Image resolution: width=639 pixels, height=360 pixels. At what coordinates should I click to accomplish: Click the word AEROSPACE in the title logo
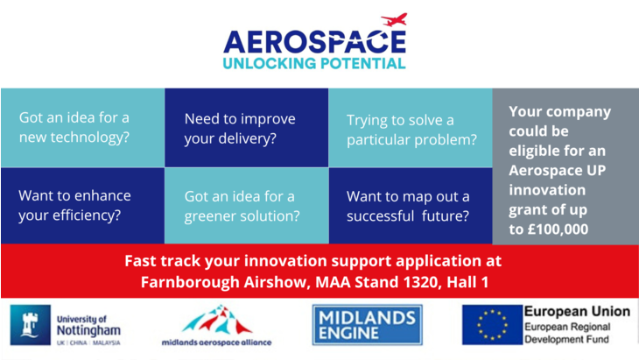coord(314,41)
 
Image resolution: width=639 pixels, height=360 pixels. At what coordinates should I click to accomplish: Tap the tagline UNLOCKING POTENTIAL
coord(314,63)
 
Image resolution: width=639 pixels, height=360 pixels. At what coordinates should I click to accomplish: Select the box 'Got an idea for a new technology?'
coord(82,128)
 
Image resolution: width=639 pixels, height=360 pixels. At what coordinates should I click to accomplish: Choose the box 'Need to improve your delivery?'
coord(246,128)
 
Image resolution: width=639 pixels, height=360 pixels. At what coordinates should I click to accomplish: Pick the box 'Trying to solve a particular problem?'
coord(411,128)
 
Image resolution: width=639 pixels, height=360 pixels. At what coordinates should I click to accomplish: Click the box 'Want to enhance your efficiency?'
coord(82,205)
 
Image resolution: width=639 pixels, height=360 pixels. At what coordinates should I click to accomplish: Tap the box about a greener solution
coord(246,205)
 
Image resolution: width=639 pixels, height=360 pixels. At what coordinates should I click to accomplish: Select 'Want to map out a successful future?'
coord(411,205)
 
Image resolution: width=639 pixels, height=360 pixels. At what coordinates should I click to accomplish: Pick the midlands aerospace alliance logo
coord(216,325)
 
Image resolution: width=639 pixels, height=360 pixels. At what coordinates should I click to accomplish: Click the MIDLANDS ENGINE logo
coord(367,325)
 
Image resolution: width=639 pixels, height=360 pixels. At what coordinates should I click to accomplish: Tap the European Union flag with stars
coord(491,325)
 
